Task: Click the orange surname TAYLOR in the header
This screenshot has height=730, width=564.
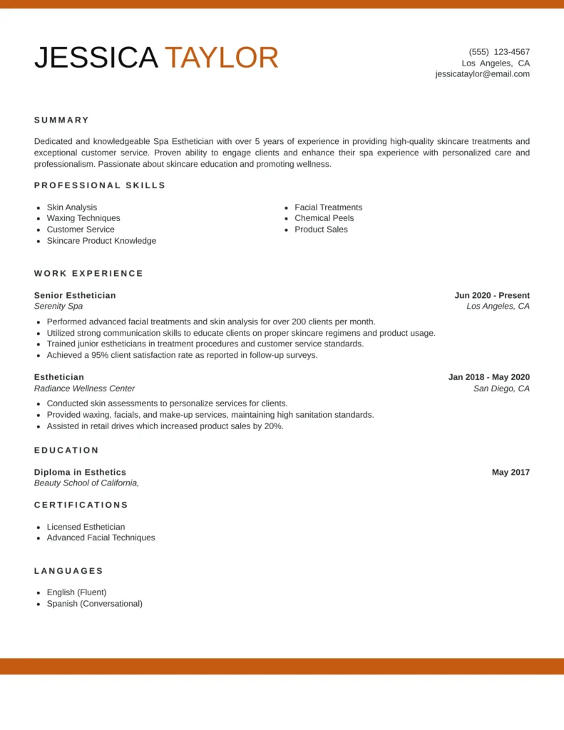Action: click(x=221, y=58)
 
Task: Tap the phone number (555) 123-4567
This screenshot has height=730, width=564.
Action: click(x=499, y=52)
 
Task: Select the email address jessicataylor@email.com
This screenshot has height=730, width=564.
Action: click(x=482, y=74)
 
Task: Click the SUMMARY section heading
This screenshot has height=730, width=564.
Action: click(x=62, y=120)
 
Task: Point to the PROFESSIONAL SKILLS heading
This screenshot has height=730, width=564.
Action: click(x=100, y=185)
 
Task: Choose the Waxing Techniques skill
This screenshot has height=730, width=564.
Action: click(x=83, y=218)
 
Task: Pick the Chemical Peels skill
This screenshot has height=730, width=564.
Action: click(x=324, y=218)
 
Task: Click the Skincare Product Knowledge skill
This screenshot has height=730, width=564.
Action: click(x=101, y=241)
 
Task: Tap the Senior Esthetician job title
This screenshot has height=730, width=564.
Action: click(x=75, y=295)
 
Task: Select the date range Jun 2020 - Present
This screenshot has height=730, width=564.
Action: click(x=492, y=295)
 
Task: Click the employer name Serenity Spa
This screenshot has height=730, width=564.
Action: click(x=58, y=307)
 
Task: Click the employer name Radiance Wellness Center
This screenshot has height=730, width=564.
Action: click(x=84, y=389)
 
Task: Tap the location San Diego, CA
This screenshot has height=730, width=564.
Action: click(x=501, y=389)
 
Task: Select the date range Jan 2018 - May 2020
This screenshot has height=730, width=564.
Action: click(x=489, y=377)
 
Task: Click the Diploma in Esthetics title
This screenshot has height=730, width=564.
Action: click(x=80, y=472)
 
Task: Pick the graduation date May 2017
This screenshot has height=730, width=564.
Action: click(x=511, y=472)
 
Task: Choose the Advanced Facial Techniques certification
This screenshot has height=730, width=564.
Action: click(x=101, y=538)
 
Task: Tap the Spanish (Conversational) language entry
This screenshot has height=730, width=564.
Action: click(x=94, y=604)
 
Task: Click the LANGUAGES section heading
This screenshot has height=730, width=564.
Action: click(x=69, y=571)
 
